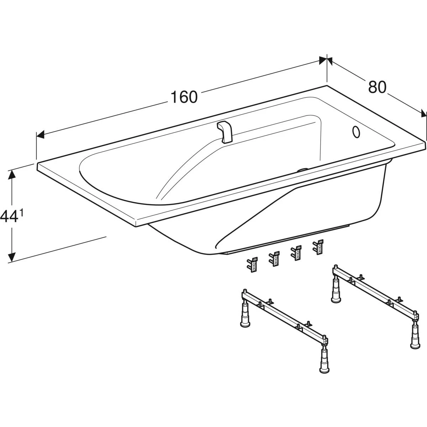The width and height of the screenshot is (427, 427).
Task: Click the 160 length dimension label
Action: [x=184, y=97]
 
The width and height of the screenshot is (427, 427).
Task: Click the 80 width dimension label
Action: [x=377, y=87]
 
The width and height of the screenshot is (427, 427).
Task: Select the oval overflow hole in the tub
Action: [x=356, y=132]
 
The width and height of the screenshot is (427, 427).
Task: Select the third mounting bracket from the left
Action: [x=296, y=253]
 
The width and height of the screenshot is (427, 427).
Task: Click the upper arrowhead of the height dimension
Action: [x=12, y=178]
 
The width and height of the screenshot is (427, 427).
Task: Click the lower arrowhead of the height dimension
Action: [x=12, y=256]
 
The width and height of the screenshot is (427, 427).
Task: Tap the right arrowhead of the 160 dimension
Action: [x=323, y=61]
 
